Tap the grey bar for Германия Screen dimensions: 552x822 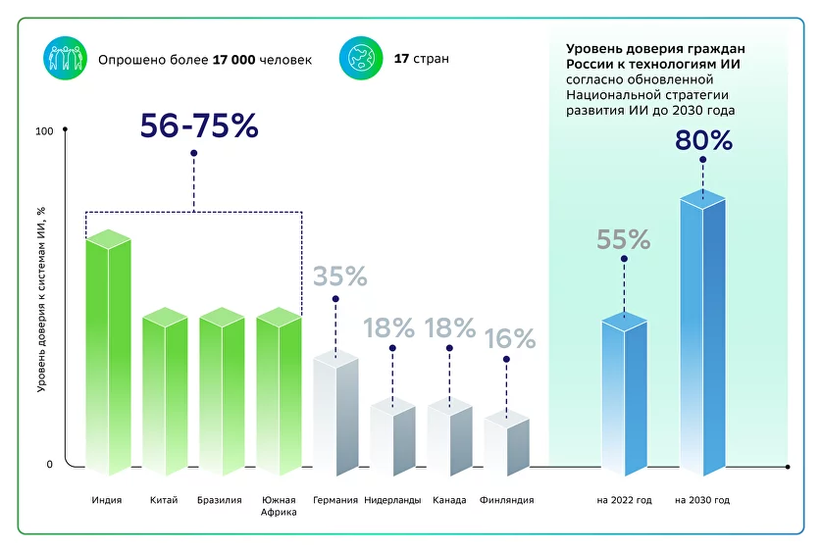click(x=335, y=417)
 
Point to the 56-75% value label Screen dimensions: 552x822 click(x=198, y=126)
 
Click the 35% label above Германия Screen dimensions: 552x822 click(x=339, y=277)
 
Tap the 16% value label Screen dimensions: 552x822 click(x=510, y=339)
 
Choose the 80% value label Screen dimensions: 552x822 click(x=703, y=141)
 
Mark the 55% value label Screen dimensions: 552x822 click(x=624, y=240)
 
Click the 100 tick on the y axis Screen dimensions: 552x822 click(x=44, y=132)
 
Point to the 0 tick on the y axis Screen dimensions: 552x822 click(x=50, y=465)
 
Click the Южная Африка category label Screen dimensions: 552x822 click(x=279, y=506)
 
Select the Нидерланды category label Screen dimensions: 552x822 click(x=392, y=501)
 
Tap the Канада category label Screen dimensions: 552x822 click(x=449, y=501)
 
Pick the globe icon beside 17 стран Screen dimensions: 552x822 click(x=360, y=59)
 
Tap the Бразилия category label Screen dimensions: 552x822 click(x=219, y=501)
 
